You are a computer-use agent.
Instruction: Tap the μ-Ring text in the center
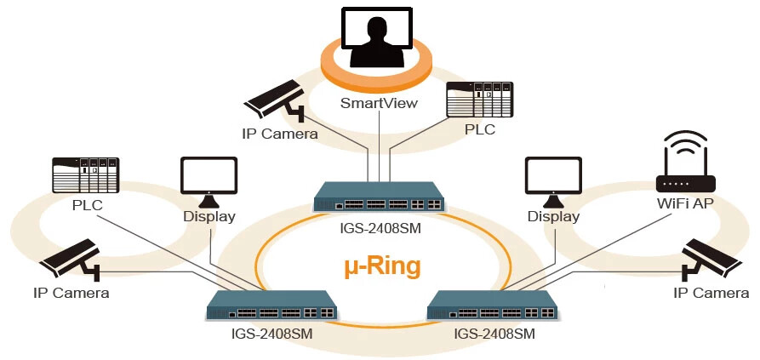[382, 266]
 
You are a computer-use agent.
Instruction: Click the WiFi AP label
[685, 204]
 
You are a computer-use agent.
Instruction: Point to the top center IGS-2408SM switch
[380, 197]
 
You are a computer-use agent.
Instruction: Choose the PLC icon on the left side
[83, 176]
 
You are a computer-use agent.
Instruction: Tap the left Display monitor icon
[209, 181]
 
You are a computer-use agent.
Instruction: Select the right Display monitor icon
[553, 181]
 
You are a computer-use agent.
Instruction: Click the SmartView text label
[380, 103]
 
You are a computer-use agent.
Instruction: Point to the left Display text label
[209, 216]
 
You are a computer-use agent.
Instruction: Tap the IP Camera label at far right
[711, 294]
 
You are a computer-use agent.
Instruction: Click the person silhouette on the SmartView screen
[379, 43]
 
